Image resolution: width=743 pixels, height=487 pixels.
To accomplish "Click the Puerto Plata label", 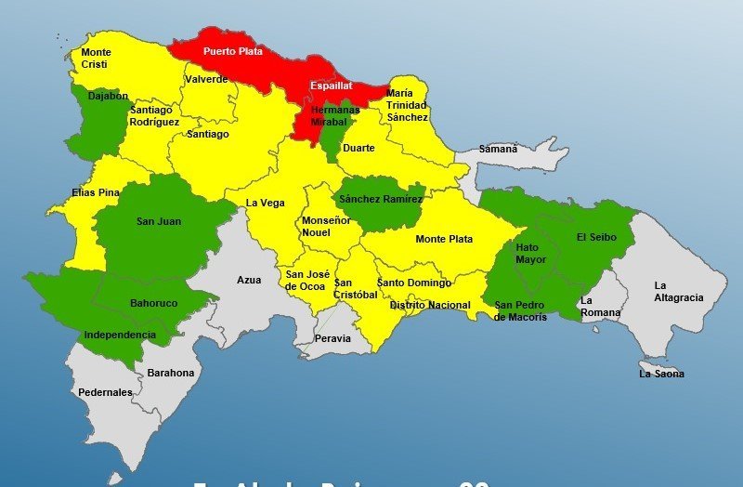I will tap(232, 52).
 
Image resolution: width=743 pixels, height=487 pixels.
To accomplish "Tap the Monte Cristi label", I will tap(96, 59).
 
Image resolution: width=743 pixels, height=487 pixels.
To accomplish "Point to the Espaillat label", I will tap(331, 86).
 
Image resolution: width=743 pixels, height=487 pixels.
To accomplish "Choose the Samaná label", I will tap(498, 149).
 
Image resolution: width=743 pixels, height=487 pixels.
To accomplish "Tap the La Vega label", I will tap(265, 203).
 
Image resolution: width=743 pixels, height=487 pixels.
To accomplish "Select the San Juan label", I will tap(158, 221).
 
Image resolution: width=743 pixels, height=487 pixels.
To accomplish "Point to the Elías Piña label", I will tap(96, 192).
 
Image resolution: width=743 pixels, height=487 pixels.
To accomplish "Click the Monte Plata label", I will tap(444, 239).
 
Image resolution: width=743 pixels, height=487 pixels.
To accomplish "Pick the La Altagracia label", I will tap(678, 291).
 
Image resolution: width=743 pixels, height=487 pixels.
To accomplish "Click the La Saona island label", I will tap(661, 374).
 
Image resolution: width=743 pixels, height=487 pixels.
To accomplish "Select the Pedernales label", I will tap(105, 392).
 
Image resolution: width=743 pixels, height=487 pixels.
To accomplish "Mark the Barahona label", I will tap(171, 373).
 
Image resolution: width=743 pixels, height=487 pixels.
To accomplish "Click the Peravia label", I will tap(332, 338).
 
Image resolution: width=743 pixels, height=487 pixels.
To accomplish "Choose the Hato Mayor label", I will tap(531, 254).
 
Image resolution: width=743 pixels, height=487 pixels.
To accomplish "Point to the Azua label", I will tap(249, 279).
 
